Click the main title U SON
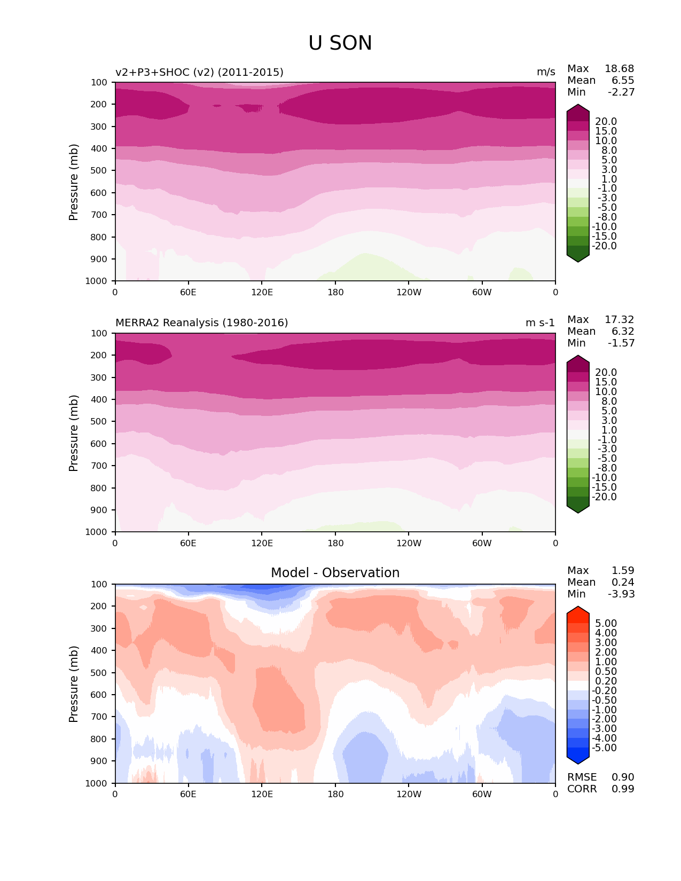point(340,43)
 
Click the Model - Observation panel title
point(335,573)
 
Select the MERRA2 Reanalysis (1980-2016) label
point(202,323)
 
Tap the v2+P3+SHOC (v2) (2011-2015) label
point(199,72)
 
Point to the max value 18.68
point(619,69)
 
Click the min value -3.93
point(621,594)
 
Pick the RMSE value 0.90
point(623,777)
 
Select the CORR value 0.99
point(623,789)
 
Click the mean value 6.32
point(623,332)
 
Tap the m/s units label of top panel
point(546,72)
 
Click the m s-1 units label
point(540,323)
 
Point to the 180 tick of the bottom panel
point(335,795)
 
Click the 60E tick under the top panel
point(188,293)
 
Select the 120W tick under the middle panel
point(409,544)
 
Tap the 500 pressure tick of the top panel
point(100,171)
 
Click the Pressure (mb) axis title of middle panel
point(74,433)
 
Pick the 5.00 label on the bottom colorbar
point(606,624)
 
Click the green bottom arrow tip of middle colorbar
point(578,511)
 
